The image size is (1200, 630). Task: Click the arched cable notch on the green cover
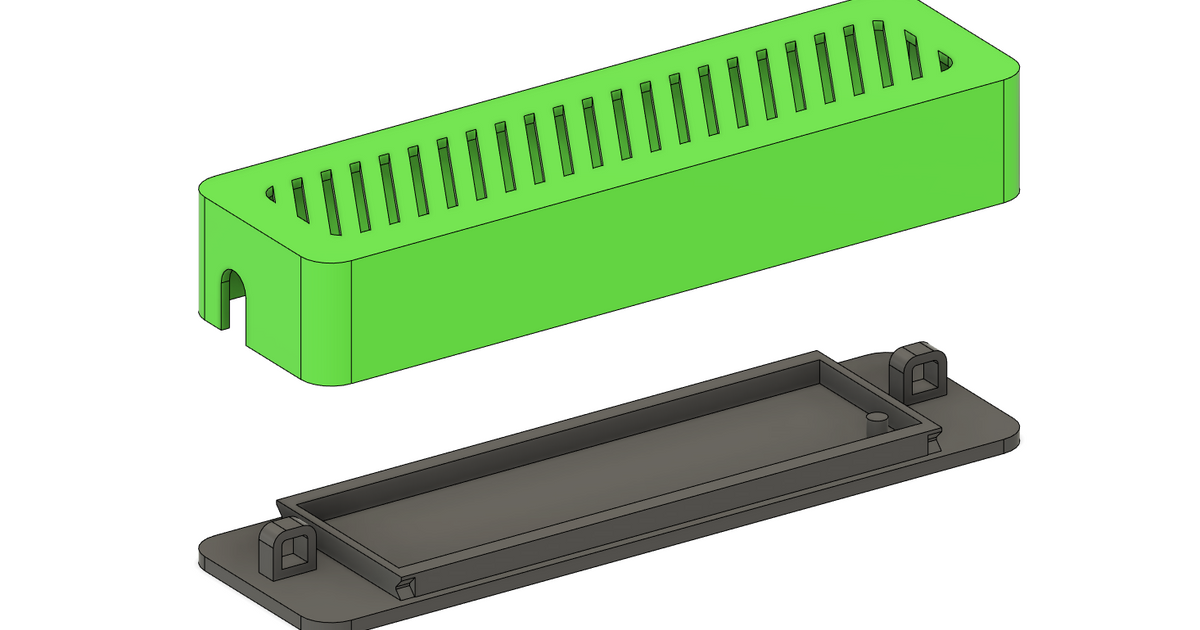point(232,298)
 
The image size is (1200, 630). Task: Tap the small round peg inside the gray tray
point(877,420)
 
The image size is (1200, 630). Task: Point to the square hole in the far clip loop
point(923,376)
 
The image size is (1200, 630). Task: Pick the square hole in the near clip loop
point(292,554)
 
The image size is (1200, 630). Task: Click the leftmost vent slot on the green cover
point(270,193)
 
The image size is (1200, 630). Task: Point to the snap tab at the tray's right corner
point(934,438)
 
